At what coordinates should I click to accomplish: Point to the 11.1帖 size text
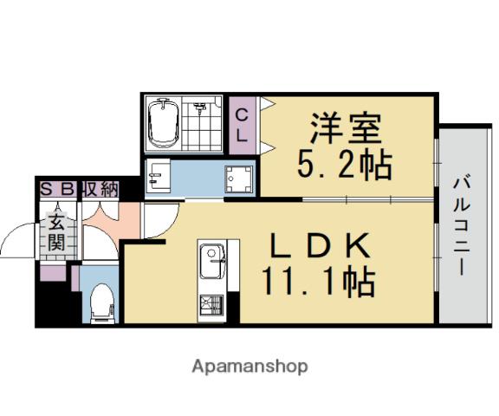click(x=319, y=282)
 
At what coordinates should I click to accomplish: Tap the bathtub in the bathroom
click(x=163, y=124)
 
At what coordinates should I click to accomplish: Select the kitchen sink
click(x=211, y=257)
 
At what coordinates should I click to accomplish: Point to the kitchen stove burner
click(x=211, y=306)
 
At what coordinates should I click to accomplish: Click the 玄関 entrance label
click(x=56, y=231)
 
